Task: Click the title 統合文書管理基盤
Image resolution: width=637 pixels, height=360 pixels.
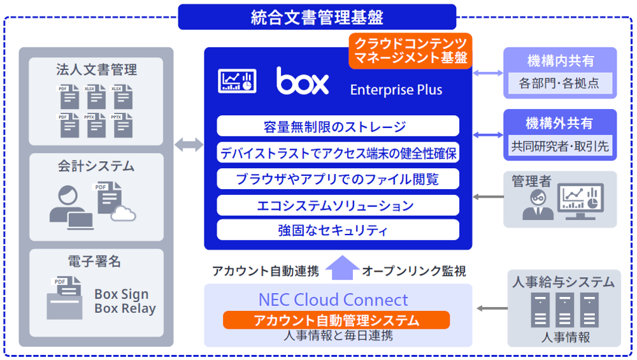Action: point(317,17)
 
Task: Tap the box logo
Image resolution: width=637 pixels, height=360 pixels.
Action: point(303,82)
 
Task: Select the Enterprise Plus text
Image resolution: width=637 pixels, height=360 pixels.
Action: point(396,90)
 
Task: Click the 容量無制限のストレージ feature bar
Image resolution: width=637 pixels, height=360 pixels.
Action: point(338,126)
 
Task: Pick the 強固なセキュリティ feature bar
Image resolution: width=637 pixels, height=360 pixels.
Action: point(338,229)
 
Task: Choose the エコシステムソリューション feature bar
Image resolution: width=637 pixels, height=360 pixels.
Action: point(338,205)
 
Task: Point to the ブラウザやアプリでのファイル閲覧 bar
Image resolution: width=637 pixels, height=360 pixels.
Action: point(338,178)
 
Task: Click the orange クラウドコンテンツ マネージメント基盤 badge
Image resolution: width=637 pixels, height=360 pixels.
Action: point(410,51)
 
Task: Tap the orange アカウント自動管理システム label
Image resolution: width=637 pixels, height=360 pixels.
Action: point(336,320)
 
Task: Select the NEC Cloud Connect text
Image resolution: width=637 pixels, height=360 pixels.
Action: point(333,299)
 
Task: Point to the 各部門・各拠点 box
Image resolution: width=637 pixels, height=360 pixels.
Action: point(559,83)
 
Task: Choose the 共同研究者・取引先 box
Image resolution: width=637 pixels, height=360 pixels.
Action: point(560,146)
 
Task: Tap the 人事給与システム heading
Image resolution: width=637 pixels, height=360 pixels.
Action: point(564,282)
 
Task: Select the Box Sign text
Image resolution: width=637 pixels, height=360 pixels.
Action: point(121,294)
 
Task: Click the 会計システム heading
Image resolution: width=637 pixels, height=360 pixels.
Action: point(96,166)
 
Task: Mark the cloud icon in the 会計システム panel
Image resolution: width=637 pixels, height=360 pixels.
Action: point(123,214)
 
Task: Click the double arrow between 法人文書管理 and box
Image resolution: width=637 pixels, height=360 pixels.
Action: point(189,145)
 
